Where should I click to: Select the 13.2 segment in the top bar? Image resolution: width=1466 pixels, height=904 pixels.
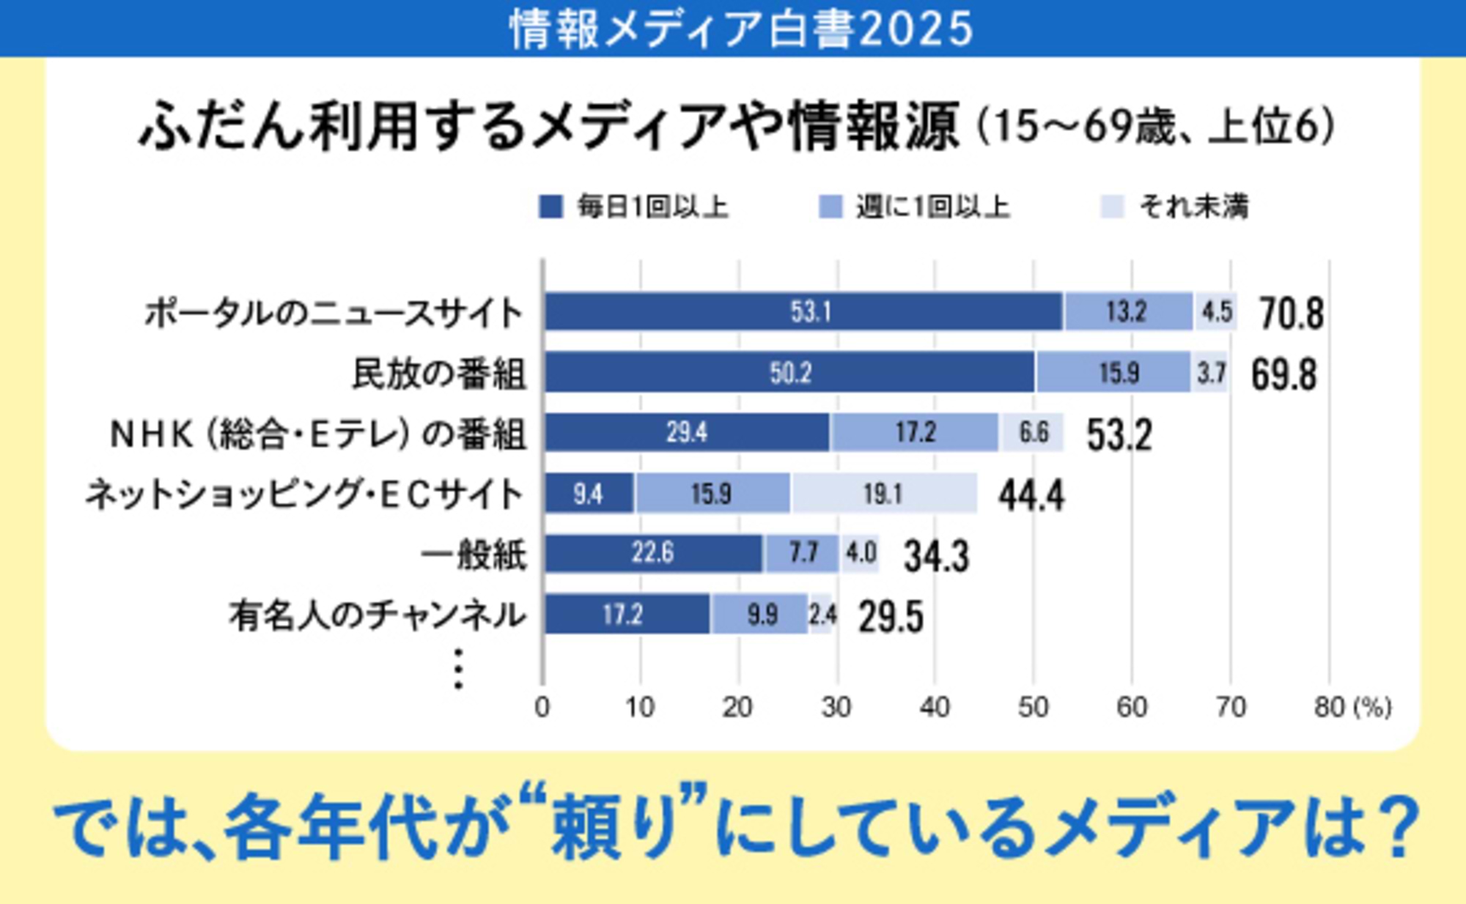point(1127,312)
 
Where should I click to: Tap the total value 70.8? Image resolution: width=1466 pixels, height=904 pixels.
point(1292,314)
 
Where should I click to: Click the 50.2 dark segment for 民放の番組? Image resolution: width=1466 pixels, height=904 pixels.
point(789,373)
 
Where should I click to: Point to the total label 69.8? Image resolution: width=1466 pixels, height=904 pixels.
point(1283,375)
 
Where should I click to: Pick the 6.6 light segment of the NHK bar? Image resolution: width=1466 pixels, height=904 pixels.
point(1032,433)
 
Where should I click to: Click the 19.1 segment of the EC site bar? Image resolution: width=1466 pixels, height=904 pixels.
point(883,494)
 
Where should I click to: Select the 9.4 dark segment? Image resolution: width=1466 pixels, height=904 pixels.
point(589,494)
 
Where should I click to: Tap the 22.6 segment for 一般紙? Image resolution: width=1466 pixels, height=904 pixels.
point(652,553)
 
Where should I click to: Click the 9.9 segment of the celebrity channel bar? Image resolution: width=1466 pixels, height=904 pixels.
point(761,614)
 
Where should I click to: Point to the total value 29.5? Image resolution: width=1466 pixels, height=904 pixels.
point(891,617)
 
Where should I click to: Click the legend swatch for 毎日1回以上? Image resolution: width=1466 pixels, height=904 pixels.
point(550,207)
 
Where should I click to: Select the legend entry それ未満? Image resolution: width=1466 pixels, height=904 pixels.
point(1193,207)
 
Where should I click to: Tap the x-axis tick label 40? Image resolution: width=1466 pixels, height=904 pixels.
point(935,707)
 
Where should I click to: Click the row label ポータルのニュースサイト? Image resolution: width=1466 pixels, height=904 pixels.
point(334,314)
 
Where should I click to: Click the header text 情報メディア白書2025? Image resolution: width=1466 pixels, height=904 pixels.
point(740,29)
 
